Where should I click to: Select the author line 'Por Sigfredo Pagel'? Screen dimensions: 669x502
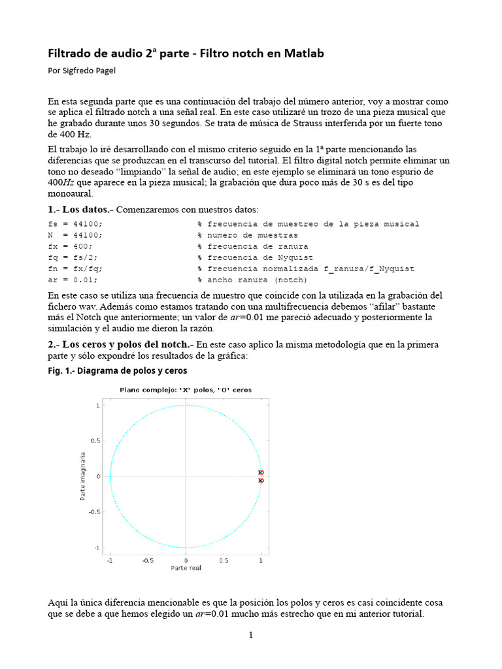tap(82, 71)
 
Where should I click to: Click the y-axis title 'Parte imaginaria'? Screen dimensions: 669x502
tap(83, 476)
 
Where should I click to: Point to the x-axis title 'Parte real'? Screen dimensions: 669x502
tap(186, 568)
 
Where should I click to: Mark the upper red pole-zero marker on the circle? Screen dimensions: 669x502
tap(261, 472)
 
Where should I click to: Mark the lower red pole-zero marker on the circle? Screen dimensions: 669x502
tap(261, 481)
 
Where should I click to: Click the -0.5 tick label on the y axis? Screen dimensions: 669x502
tap(93, 512)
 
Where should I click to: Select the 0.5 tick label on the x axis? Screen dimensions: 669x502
tap(224, 560)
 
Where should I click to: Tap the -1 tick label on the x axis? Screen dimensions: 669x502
tap(110, 560)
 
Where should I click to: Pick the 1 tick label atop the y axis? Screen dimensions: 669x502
tap(97, 406)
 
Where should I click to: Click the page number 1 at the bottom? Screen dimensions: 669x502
tap(250, 636)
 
